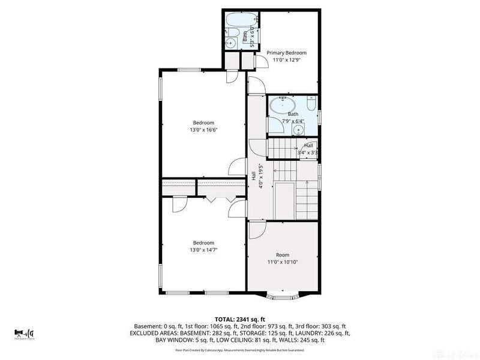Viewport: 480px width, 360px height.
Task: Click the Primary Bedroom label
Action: click(x=290, y=53)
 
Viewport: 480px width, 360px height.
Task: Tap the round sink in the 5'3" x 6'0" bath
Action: click(x=230, y=43)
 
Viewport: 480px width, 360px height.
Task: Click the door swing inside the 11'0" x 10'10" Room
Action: click(x=257, y=229)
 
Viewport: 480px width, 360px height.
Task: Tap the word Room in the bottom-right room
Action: click(x=282, y=255)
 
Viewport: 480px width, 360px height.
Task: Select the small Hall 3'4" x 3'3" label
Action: click(x=308, y=149)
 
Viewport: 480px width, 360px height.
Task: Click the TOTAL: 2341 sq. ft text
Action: click(x=240, y=319)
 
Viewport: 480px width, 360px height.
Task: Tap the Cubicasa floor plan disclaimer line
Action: click(x=240, y=350)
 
